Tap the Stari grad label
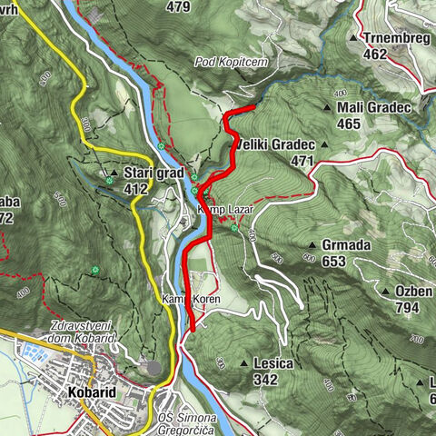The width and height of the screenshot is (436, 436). [154, 172]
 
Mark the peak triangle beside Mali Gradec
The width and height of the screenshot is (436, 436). [327, 107]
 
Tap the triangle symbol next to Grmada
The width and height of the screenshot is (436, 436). [312, 245]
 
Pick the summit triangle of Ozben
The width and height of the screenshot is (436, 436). [388, 292]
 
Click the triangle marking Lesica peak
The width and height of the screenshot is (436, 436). [243, 363]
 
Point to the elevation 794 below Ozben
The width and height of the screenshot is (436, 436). [406, 307]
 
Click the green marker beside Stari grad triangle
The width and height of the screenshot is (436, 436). [110, 181]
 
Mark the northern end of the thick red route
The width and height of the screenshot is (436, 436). [252, 110]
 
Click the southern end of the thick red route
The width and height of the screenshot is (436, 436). [193, 330]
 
